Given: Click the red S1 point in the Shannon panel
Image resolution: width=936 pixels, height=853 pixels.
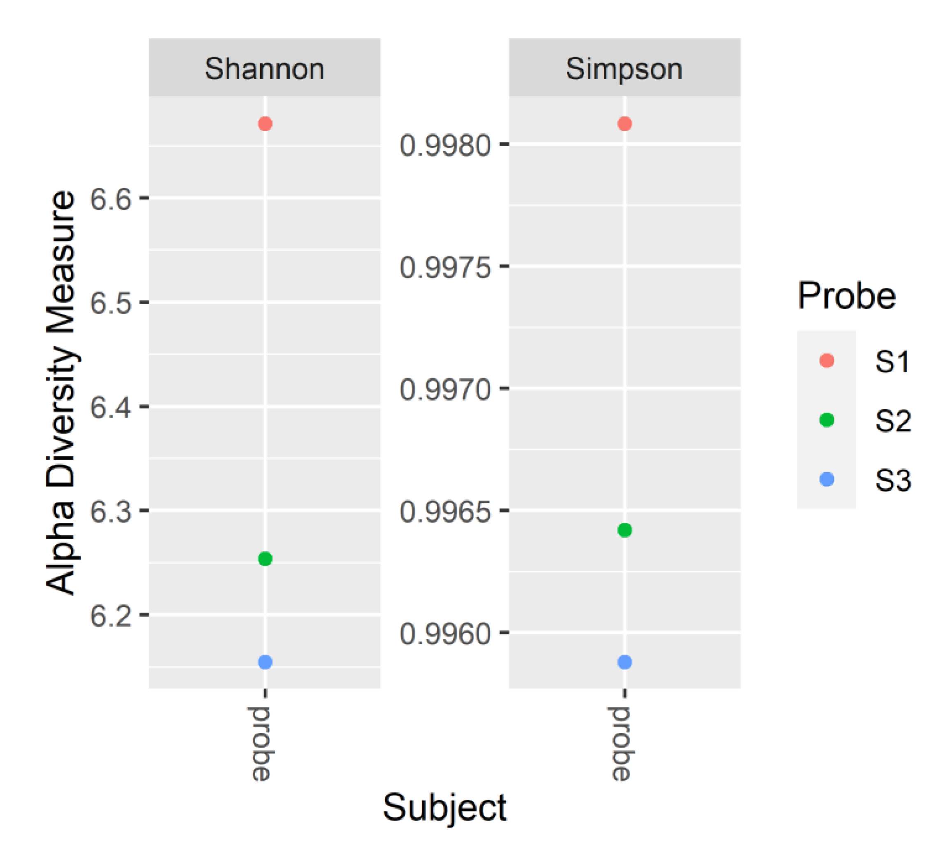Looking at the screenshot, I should [265, 124].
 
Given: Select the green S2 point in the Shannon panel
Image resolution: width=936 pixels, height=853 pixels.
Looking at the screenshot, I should [265, 559].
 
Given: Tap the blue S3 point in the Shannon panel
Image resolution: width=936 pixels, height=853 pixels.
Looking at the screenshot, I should [265, 662].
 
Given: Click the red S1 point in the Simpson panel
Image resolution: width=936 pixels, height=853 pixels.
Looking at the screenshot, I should [625, 124].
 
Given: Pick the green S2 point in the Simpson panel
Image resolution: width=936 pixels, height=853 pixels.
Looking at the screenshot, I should [625, 530].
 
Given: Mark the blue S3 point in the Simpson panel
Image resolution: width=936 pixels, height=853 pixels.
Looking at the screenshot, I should [625, 662].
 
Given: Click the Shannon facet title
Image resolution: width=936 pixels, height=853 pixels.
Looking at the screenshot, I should [265, 69].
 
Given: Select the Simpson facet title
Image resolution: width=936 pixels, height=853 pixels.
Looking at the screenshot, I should [624, 69].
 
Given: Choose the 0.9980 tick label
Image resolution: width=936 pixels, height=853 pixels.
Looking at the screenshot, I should [445, 145].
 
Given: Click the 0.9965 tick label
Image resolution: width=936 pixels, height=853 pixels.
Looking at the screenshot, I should [445, 512].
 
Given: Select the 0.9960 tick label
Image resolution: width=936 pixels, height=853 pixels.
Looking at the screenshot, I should [445, 634].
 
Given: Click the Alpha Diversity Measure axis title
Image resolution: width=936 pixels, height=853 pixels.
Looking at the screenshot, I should [61, 392].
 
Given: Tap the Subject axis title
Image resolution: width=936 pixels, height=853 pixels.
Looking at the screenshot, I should [445, 808].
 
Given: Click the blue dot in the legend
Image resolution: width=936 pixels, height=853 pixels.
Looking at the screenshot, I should [827, 479].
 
